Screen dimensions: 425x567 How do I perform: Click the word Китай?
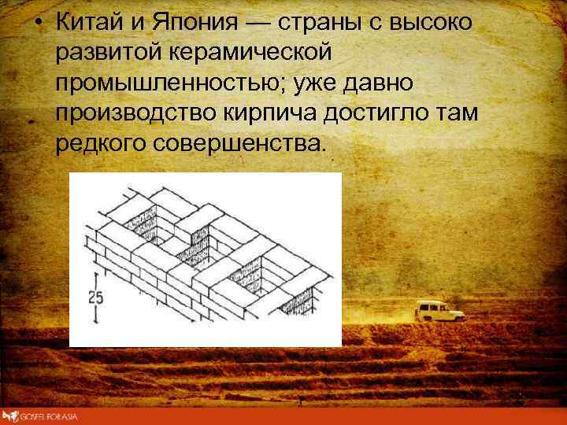(90, 23)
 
